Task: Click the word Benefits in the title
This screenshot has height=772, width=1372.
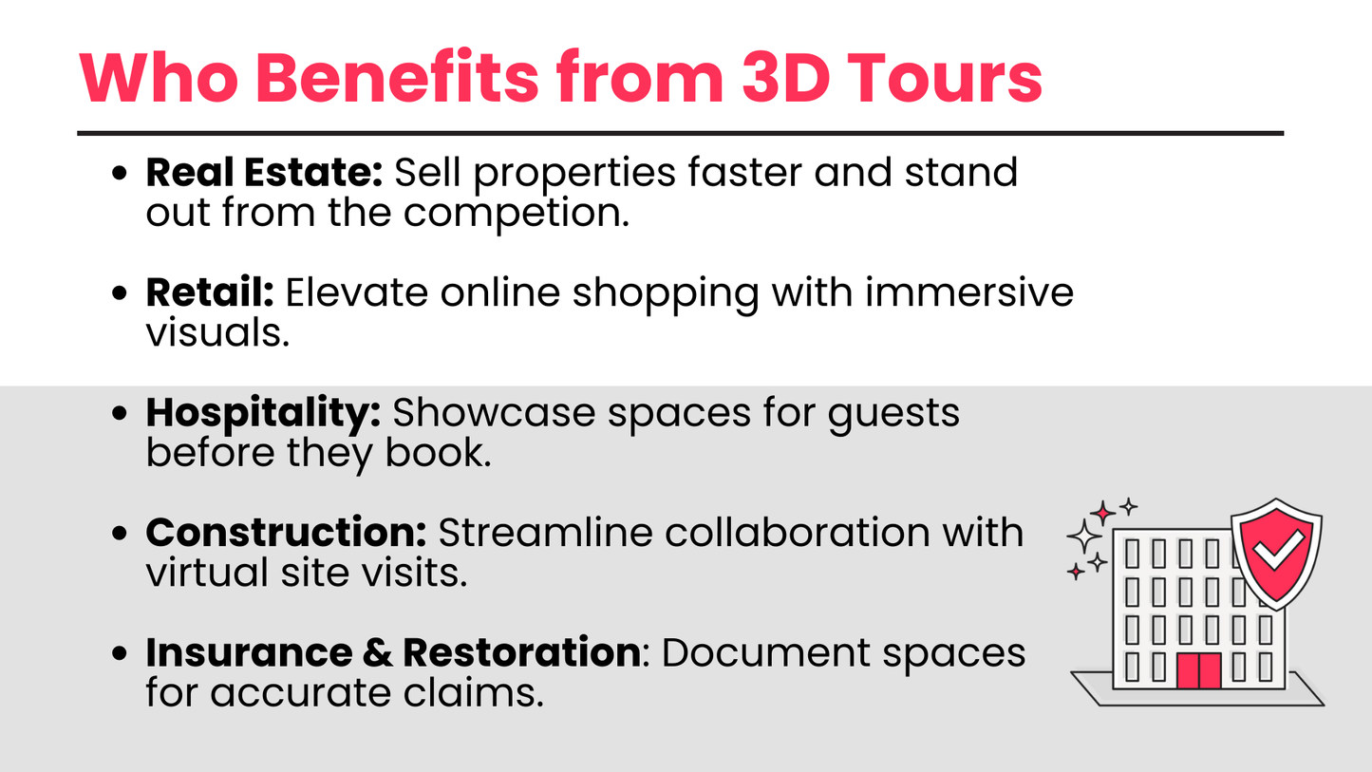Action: [x=397, y=78]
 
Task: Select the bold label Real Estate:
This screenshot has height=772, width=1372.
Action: [x=264, y=172]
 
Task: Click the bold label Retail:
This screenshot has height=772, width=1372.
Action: [x=210, y=292]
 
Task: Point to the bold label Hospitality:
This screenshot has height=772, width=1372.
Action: [x=263, y=414]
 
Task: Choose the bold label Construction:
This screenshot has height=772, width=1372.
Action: [x=286, y=532]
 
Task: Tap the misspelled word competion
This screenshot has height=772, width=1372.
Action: [x=517, y=215]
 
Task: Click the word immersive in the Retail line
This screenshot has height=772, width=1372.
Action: [x=969, y=292]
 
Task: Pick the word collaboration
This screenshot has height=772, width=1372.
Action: [x=798, y=532]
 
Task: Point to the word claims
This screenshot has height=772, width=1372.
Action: [x=473, y=692]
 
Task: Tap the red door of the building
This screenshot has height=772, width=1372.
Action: [x=1198, y=671]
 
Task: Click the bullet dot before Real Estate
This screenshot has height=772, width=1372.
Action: [x=120, y=173]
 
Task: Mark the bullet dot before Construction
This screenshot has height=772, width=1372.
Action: [x=120, y=533]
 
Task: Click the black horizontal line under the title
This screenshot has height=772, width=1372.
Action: [x=681, y=133]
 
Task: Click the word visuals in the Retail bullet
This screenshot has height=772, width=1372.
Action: [x=217, y=332]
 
